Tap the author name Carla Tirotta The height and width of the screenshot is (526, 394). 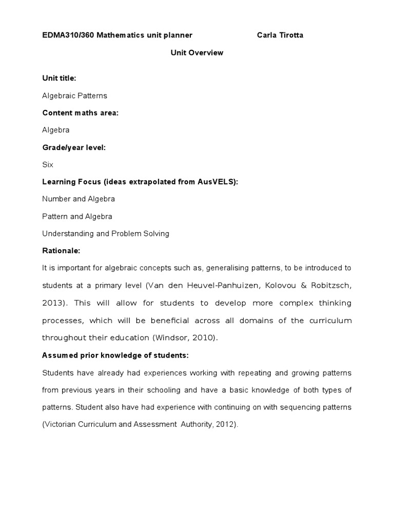click(x=283, y=35)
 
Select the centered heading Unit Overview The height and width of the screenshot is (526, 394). click(x=197, y=52)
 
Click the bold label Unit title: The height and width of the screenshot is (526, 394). click(x=59, y=78)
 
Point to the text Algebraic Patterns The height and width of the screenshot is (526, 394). click(x=74, y=96)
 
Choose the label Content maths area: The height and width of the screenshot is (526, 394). click(x=80, y=112)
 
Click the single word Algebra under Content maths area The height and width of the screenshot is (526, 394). click(x=56, y=130)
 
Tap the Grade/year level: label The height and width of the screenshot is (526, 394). click(x=74, y=147)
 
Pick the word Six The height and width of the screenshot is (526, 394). click(x=48, y=165)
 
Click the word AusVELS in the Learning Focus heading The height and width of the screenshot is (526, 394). click(x=216, y=182)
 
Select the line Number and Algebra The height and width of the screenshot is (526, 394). click(x=78, y=199)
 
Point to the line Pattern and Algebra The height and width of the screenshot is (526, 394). click(x=77, y=216)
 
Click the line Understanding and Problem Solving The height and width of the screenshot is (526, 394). click(x=106, y=234)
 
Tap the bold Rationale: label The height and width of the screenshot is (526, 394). click(x=61, y=251)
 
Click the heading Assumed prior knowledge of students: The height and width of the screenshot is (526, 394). click(x=115, y=355)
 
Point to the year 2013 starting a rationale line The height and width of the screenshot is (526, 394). click(x=53, y=303)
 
